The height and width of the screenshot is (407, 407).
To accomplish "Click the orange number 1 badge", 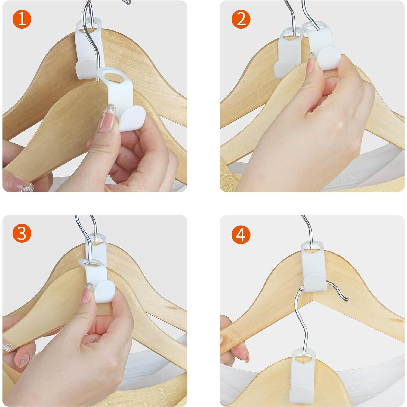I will coord(22,19).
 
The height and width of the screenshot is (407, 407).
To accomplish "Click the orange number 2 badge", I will coord(241,19).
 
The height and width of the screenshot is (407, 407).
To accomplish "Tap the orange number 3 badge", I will coord(22,233).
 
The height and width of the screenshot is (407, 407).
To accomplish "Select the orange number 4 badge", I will coord(241,235).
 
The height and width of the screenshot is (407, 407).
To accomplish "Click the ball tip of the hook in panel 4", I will coord(346,300).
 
